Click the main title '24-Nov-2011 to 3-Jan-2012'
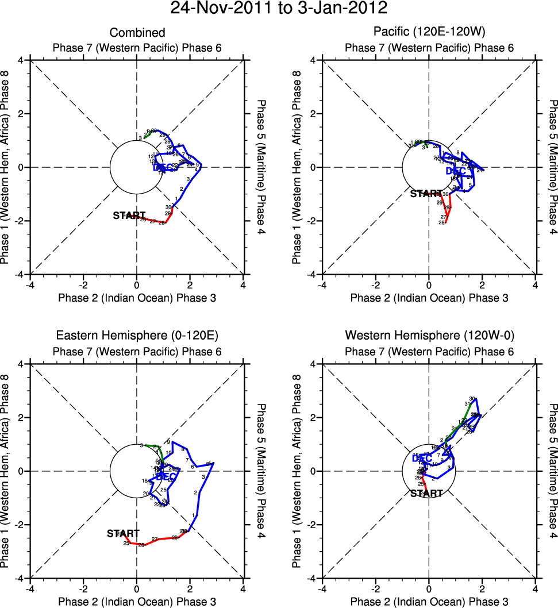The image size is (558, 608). (x=279, y=9)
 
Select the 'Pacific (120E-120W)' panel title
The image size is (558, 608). (x=429, y=33)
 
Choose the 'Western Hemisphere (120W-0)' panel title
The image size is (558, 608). (x=429, y=335)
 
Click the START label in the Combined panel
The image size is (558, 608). (x=129, y=216)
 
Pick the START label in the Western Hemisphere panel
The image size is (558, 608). (x=426, y=493)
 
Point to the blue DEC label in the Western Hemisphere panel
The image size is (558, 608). (x=422, y=458)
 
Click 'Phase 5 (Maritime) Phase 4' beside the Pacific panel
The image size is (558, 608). (x=553, y=167)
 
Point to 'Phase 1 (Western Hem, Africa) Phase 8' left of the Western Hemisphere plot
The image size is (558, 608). (x=297, y=471)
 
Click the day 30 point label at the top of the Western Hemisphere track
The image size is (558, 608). (x=472, y=399)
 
